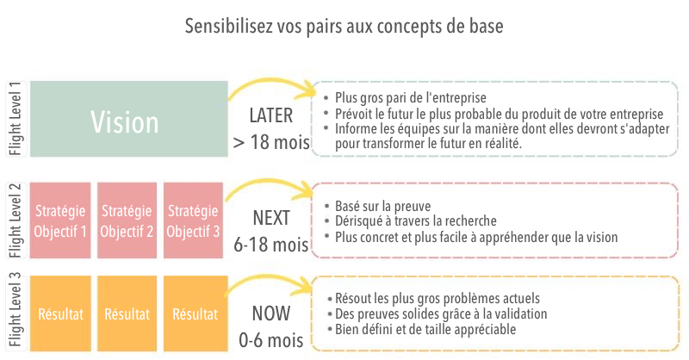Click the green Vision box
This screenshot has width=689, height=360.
pyautogui.click(x=128, y=119)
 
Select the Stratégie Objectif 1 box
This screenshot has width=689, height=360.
pyautogui.click(x=60, y=220)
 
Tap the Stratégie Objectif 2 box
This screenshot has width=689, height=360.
pyautogui.click(x=127, y=220)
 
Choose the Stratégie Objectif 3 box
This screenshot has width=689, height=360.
pyautogui.click(x=193, y=220)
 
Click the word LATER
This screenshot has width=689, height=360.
pyautogui.click(x=270, y=115)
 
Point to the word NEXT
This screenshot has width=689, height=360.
pyautogui.click(x=271, y=218)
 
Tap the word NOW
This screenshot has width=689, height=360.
pyautogui.click(x=271, y=313)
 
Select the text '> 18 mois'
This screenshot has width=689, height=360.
pyautogui.click(x=271, y=142)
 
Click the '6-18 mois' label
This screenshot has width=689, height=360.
pyautogui.click(x=271, y=245)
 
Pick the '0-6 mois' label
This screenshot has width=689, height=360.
pyautogui.click(x=271, y=340)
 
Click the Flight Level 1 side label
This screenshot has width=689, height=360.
pyautogui.click(x=16, y=119)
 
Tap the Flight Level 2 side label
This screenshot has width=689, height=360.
pyautogui.click(x=16, y=220)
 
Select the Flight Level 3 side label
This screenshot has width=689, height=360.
pyautogui.click(x=16, y=310)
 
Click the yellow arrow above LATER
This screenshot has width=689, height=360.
pyautogui.click(x=271, y=81)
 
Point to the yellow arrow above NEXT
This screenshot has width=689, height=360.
pyautogui.click(x=268, y=182)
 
